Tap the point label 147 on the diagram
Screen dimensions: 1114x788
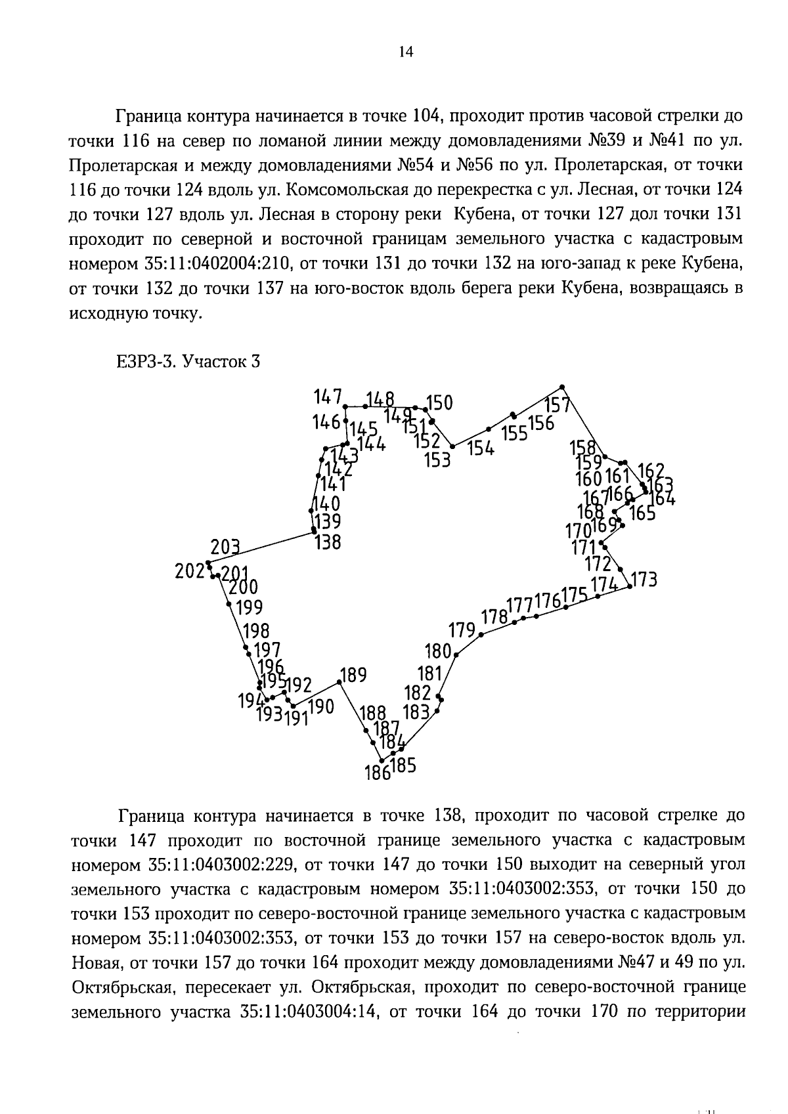click(328, 396)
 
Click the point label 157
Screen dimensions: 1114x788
click(557, 404)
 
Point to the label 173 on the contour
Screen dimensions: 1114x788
click(644, 580)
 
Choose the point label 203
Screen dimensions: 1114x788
click(225, 547)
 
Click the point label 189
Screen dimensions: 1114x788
click(353, 675)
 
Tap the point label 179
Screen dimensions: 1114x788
click(462, 631)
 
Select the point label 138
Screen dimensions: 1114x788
click(328, 542)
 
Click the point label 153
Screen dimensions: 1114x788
click(437, 460)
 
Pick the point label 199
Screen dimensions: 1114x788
click(249, 607)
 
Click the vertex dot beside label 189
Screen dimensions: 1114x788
click(339, 682)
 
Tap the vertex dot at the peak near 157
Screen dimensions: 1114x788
click(561, 387)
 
